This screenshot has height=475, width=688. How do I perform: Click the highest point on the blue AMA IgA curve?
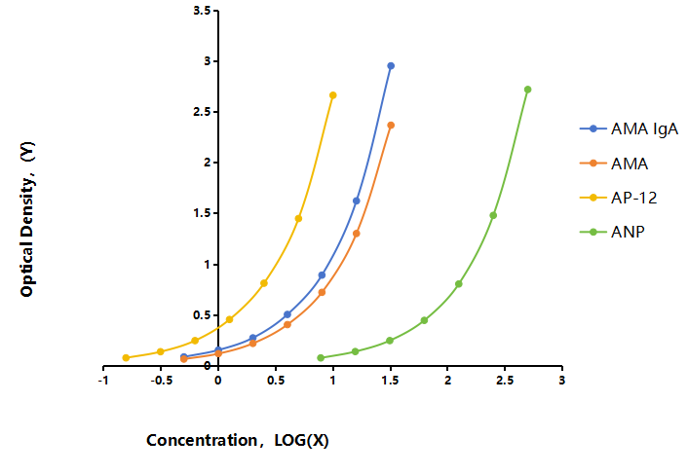pyautogui.click(x=391, y=66)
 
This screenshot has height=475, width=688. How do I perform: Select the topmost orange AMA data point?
pyautogui.click(x=391, y=126)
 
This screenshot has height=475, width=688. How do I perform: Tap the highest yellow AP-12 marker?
pyautogui.click(x=333, y=95)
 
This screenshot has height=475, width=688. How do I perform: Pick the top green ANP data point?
pyautogui.click(x=528, y=90)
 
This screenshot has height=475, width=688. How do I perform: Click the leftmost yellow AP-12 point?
pyautogui.click(x=126, y=357)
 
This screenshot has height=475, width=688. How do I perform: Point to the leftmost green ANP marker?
pyautogui.click(x=321, y=357)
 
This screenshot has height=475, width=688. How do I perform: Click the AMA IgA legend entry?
pyautogui.click(x=629, y=128)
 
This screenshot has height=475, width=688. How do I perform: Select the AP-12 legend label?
pyautogui.click(x=634, y=198)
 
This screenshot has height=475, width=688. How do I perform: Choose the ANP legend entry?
pyautogui.click(x=612, y=232)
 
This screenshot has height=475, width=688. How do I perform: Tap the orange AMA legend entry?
pyautogui.click(x=613, y=164)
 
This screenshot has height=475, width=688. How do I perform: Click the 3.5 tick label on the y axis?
pyautogui.click(x=202, y=10)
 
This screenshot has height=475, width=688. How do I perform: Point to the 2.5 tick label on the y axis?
pyautogui.click(x=202, y=112)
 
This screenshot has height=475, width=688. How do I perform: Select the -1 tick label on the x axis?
pyautogui.click(x=103, y=381)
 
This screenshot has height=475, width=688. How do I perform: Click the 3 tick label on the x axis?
pyautogui.click(x=562, y=381)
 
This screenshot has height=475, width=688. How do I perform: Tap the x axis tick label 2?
pyautogui.click(x=447, y=381)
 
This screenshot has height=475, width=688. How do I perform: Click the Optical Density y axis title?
pyautogui.click(x=27, y=219)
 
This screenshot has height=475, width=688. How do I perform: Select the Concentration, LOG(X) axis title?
pyautogui.click(x=238, y=440)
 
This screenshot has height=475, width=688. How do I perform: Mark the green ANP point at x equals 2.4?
pyautogui.click(x=493, y=215)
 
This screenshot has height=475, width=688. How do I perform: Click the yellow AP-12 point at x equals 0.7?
pyautogui.click(x=298, y=218)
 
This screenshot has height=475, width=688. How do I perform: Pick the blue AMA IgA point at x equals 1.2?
pyautogui.click(x=357, y=201)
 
